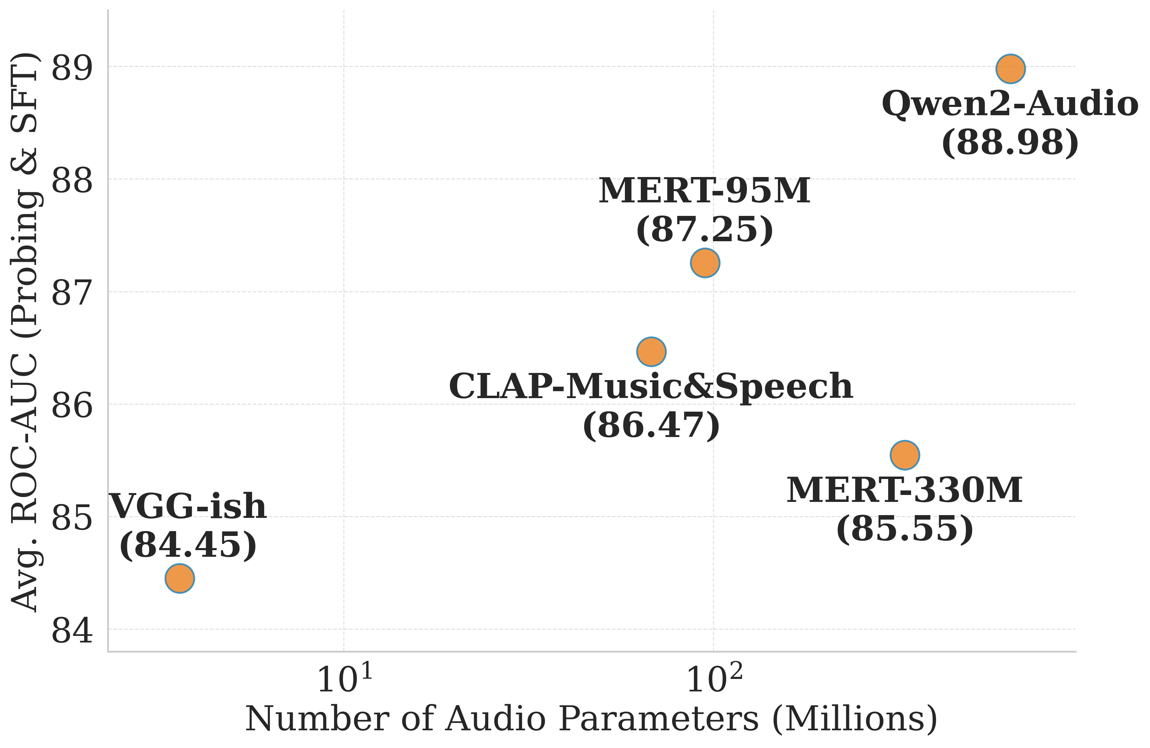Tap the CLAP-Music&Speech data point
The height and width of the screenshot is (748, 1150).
[651, 352]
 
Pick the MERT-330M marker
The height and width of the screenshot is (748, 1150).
[904, 455]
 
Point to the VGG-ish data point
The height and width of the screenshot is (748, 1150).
[180, 578]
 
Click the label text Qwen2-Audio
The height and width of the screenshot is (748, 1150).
[1010, 104]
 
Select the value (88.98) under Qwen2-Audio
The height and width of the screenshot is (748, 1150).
[1010, 143]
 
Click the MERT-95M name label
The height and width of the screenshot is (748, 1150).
[704, 191]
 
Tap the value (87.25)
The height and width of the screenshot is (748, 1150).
[704, 230]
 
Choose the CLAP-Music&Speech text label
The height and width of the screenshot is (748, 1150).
[651, 387]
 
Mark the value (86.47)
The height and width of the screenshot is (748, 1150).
[651, 426]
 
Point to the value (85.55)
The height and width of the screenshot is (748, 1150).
[904, 529]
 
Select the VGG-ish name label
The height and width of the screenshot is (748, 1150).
[188, 507]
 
